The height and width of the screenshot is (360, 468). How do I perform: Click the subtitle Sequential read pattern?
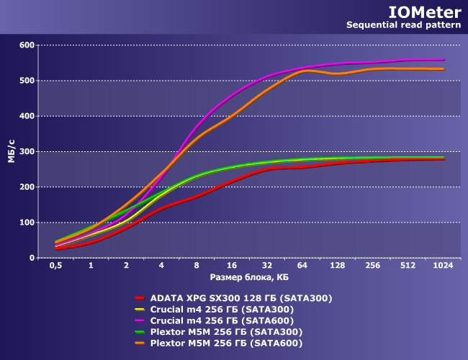pyautogui.click(x=404, y=25)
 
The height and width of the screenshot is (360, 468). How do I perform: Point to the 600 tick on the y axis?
pyautogui.click(x=27, y=45)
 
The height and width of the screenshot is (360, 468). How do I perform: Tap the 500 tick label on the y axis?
pyautogui.click(x=27, y=81)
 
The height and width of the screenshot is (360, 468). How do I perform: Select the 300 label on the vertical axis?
pyautogui.click(x=27, y=151)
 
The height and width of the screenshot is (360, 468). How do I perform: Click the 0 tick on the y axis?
pyautogui.click(x=31, y=258)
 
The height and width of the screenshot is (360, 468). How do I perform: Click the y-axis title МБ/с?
pyautogui.click(x=12, y=150)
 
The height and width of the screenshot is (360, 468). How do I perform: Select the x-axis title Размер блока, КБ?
pyautogui.click(x=249, y=277)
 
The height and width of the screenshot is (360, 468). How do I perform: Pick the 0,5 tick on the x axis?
pyautogui.click(x=55, y=266)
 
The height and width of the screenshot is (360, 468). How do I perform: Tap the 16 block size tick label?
pyautogui.click(x=232, y=266)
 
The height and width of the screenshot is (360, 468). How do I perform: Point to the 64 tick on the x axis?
pyautogui.click(x=302, y=266)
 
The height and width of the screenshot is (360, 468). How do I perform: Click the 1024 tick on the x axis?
pyautogui.click(x=443, y=266)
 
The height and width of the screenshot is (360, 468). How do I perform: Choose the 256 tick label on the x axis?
pyautogui.click(x=373, y=266)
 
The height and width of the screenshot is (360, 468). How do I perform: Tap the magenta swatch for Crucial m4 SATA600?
pyautogui.click(x=140, y=320)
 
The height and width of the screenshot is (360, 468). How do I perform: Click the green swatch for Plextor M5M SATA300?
pyautogui.click(x=140, y=332)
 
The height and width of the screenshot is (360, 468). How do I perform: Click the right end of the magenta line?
pyautogui.click(x=444, y=60)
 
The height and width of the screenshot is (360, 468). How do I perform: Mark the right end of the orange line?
pyautogui.click(x=444, y=69)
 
